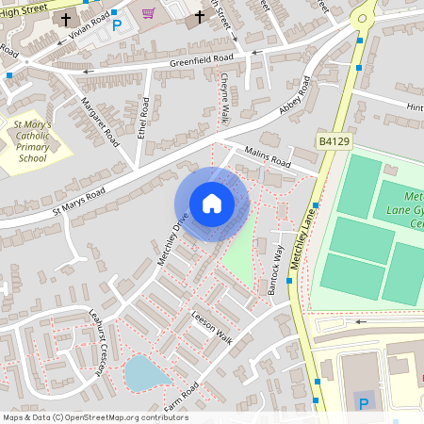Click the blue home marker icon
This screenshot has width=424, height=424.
click(212, 204)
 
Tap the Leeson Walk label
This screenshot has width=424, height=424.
click(211, 326)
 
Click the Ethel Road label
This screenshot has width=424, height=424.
click(144, 117)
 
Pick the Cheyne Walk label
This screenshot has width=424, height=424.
click(224, 100)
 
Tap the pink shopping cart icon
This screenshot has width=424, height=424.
click(148, 13)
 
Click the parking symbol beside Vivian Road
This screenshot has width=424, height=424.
click(117, 25)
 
